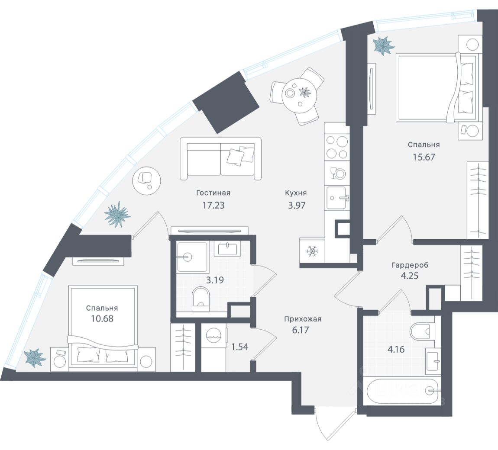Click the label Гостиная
(213, 193)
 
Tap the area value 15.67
(424, 156)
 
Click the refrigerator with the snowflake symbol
(312, 250)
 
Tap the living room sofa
(221, 159)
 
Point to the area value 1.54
(239, 347)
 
